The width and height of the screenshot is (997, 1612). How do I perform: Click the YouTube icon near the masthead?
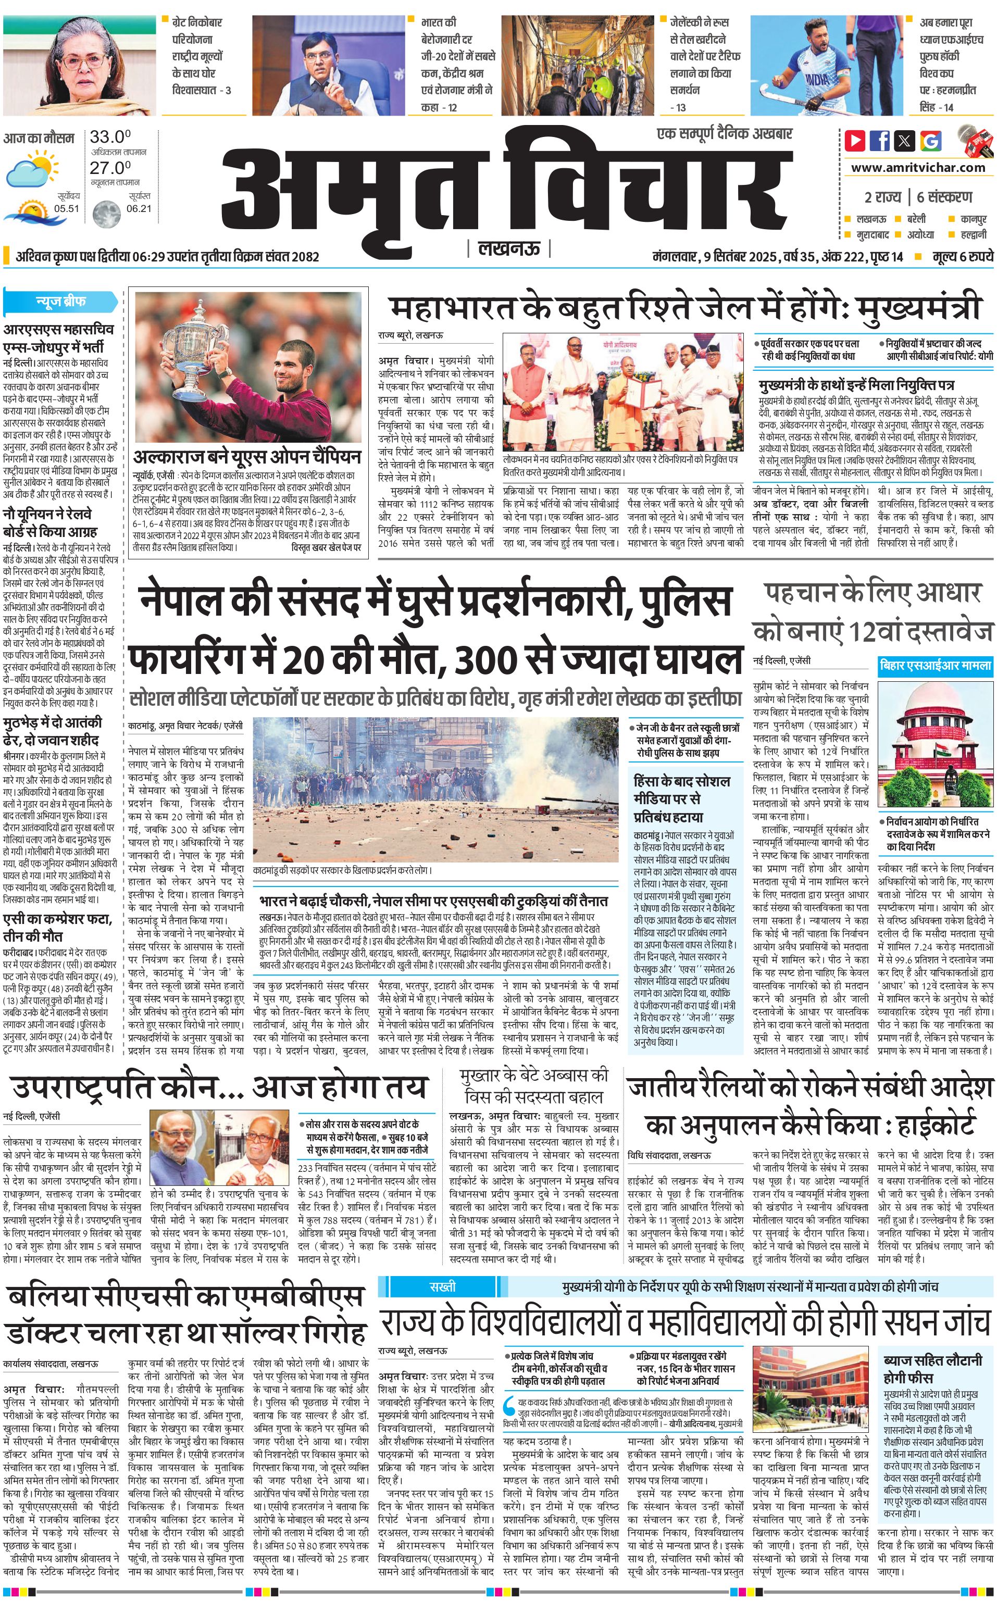(855, 141)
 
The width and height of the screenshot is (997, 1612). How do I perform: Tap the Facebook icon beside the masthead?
(880, 141)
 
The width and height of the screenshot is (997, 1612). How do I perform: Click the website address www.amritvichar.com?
(918, 168)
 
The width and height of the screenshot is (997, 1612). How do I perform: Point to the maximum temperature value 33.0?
(110, 137)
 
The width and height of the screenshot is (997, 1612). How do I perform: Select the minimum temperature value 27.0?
(110, 168)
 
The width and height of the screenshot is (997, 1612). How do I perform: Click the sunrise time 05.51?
(67, 209)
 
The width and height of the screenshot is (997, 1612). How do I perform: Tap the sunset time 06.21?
(139, 209)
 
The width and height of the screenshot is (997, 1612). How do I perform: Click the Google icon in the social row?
(930, 141)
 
